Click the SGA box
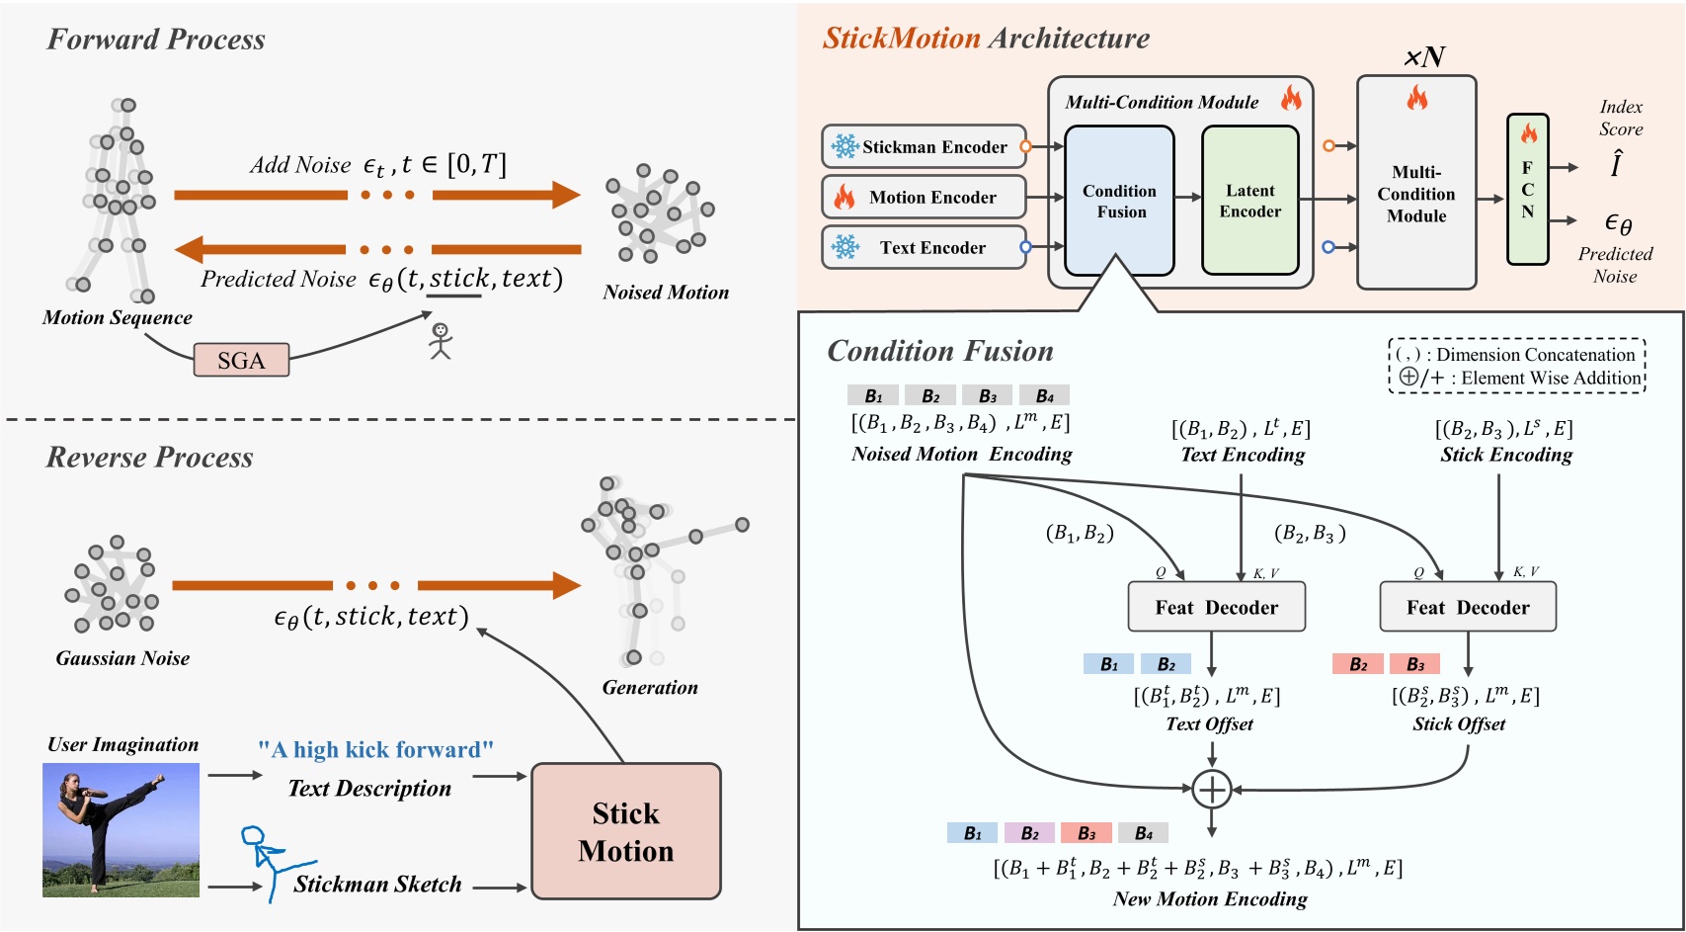click(x=241, y=360)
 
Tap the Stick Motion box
click(x=626, y=831)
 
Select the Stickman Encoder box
click(x=923, y=146)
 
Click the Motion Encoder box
click(x=923, y=197)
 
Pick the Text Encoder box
click(x=923, y=247)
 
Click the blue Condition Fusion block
click(x=1119, y=201)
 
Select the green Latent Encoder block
click(x=1249, y=201)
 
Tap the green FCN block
click(x=1527, y=189)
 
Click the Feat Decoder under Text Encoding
click(x=1216, y=607)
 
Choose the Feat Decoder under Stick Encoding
click(x=1467, y=607)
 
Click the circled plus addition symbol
click(x=1211, y=789)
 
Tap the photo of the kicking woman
click(x=120, y=829)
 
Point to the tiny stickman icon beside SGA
click(x=441, y=340)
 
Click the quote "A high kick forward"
click(x=375, y=749)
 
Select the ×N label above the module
click(x=1423, y=57)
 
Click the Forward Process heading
click(x=156, y=40)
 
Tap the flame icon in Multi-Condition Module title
click(x=1291, y=98)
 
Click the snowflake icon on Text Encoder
click(x=845, y=247)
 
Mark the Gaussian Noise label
click(x=122, y=658)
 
